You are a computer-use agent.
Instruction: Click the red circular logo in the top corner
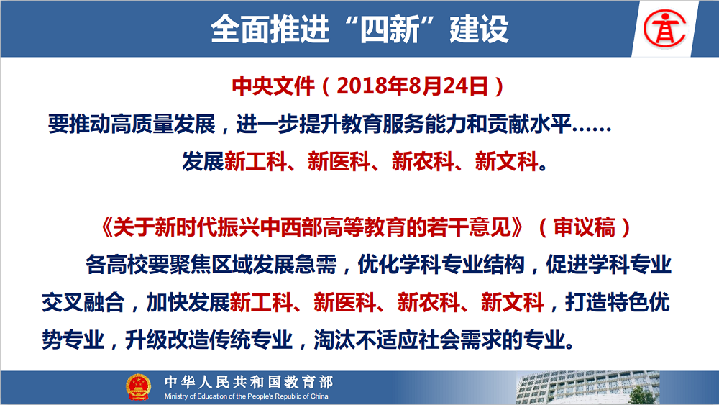[664, 29]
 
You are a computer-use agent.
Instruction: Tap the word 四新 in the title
[389, 29]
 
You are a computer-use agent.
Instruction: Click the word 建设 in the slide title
[479, 29]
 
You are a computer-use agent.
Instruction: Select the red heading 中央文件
[273, 86]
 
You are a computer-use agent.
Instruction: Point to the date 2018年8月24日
[412, 86]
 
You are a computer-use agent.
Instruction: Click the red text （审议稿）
[584, 227]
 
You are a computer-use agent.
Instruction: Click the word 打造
[586, 302]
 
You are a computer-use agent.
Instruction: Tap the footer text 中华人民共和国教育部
[249, 381]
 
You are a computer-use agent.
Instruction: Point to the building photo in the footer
[588, 388]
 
